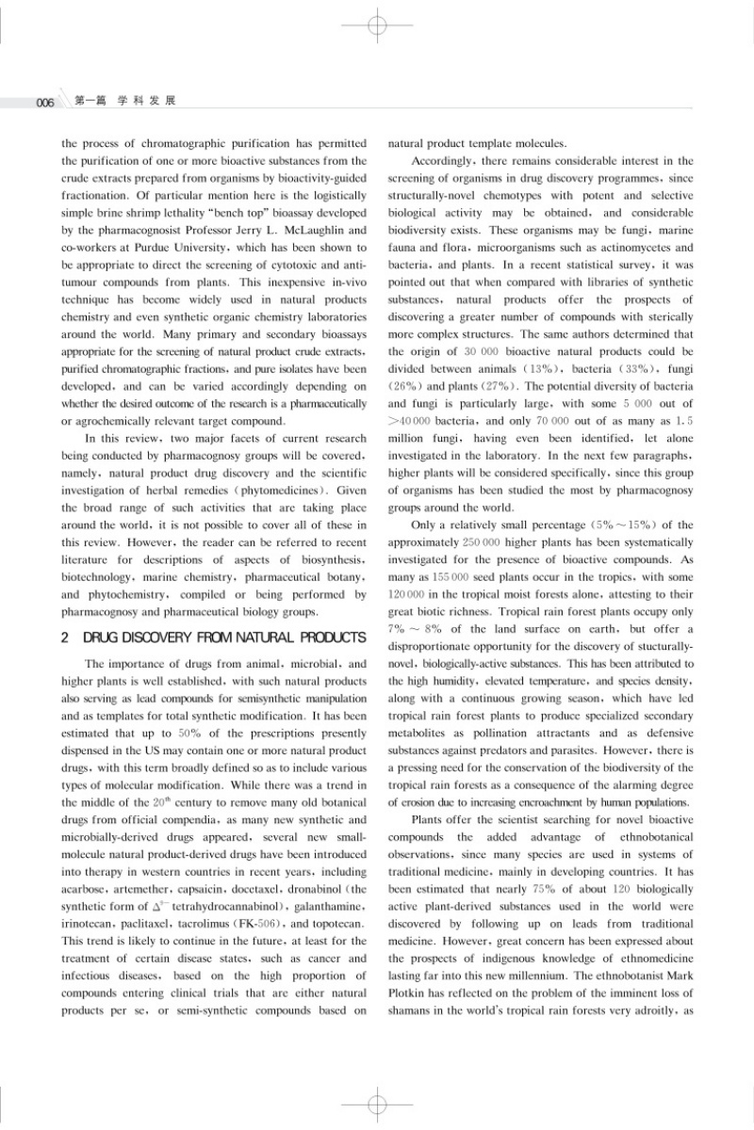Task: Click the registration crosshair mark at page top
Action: [377, 24]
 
